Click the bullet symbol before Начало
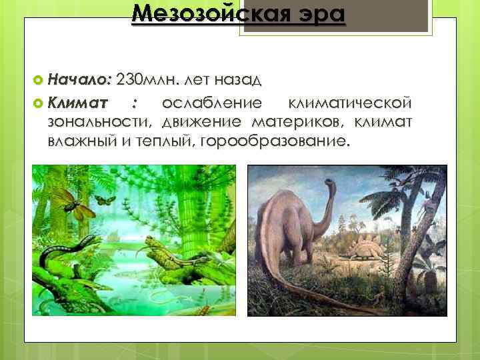click(x=38, y=81)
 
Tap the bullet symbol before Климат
click(x=38, y=105)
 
